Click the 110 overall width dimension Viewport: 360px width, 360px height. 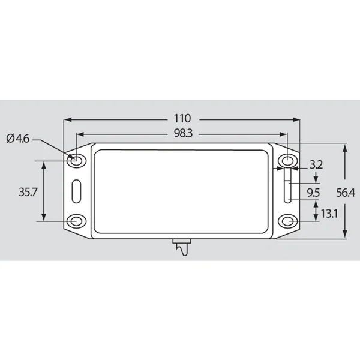(182, 119)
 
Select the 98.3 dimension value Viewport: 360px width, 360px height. (183, 133)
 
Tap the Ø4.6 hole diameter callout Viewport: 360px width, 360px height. (18, 139)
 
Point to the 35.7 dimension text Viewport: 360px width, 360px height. (28, 192)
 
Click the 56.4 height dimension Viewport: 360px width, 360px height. (346, 193)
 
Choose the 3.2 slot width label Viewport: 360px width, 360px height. (316, 165)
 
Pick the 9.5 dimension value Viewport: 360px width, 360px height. (313, 193)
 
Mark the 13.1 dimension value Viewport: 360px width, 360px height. (329, 214)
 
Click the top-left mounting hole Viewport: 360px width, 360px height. (76, 160)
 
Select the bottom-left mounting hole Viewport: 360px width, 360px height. (76, 221)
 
